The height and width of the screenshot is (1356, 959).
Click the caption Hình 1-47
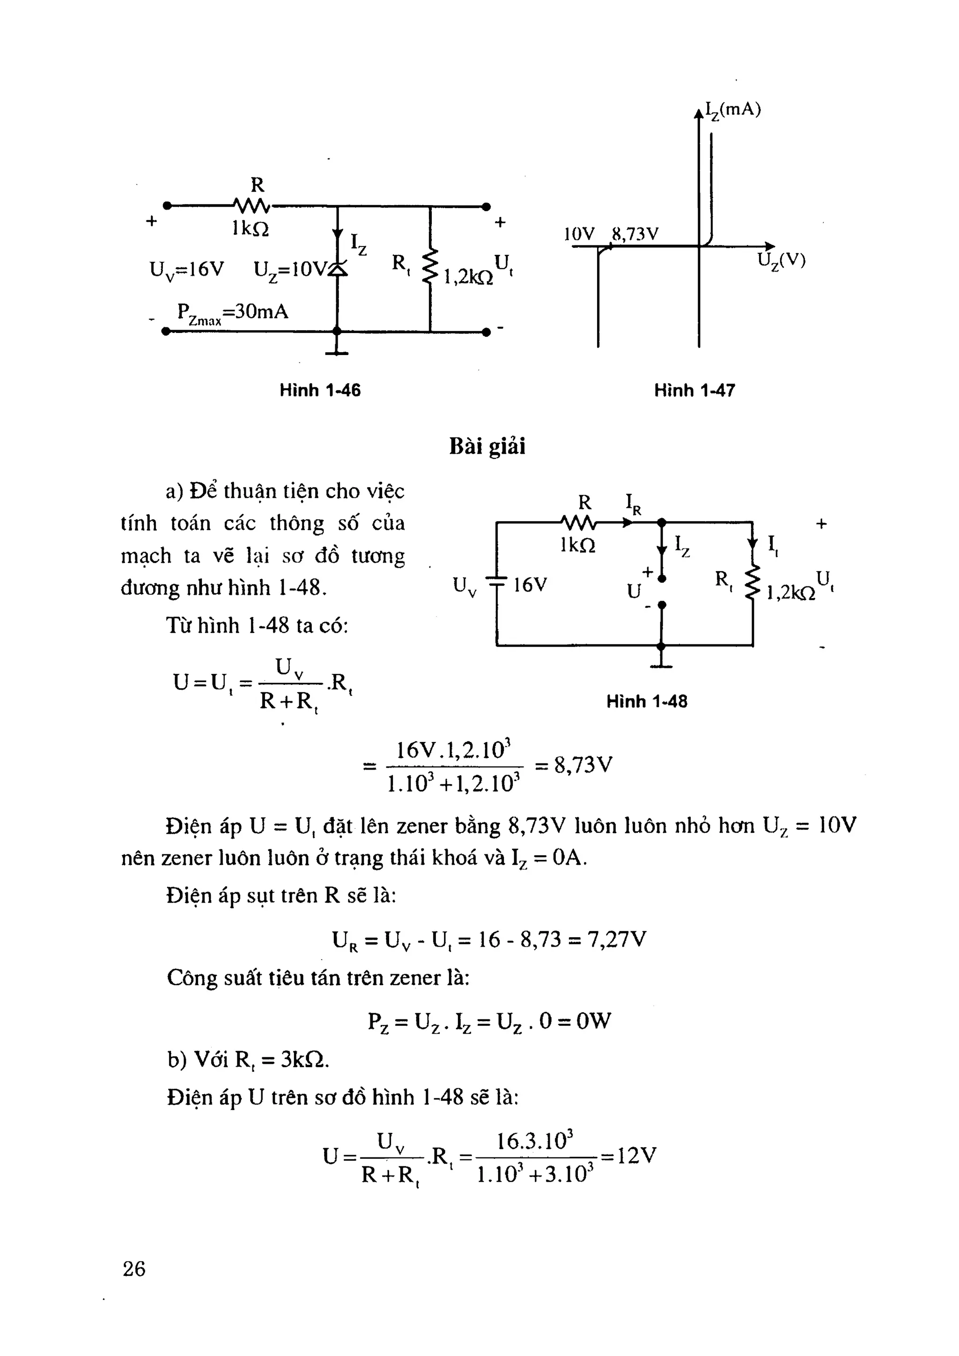tap(694, 390)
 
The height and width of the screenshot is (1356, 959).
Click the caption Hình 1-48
tap(647, 701)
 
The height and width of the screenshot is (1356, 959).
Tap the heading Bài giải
tap(487, 446)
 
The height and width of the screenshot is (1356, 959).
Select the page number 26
tap(134, 1268)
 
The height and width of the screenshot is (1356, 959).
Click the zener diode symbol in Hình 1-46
tap(337, 269)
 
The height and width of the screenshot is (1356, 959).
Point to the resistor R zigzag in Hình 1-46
tap(252, 206)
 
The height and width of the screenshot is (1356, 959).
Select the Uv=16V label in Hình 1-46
tap(187, 270)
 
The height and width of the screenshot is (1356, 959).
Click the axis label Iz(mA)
tap(733, 111)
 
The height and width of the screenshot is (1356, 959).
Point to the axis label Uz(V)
tap(781, 260)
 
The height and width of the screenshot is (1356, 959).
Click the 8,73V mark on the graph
tap(635, 235)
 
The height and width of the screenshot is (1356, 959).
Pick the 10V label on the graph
tap(579, 235)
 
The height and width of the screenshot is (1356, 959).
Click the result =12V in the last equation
tap(629, 1155)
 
